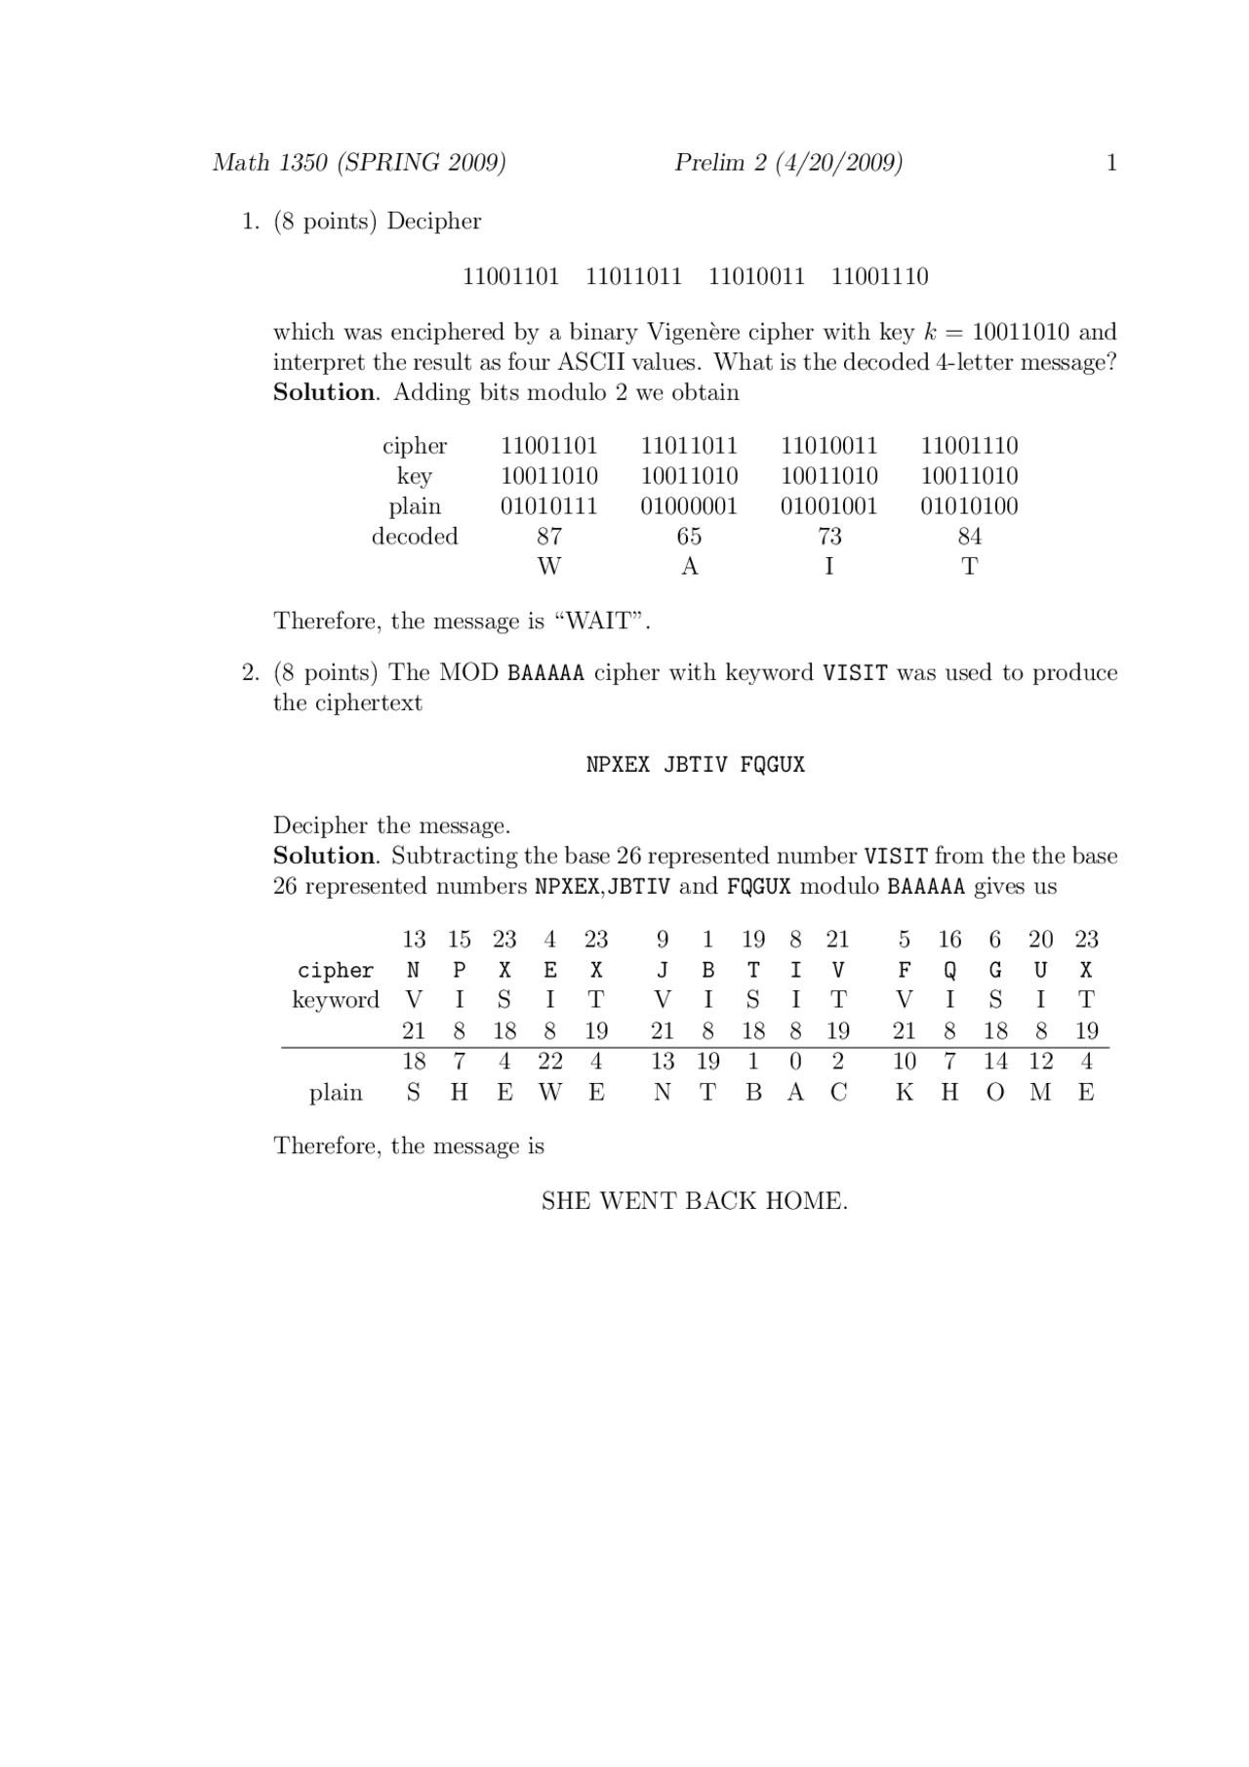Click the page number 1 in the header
click(x=1110, y=163)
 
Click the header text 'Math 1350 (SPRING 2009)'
click(x=359, y=163)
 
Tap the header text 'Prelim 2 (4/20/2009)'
click(x=788, y=163)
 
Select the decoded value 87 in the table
click(x=549, y=537)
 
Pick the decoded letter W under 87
click(x=549, y=567)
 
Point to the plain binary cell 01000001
click(x=689, y=506)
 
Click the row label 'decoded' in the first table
click(x=415, y=537)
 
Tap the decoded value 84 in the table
click(x=970, y=537)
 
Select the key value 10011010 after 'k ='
click(x=1021, y=332)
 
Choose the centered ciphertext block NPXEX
click(x=618, y=765)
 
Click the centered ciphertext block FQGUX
click(x=772, y=765)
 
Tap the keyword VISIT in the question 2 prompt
click(x=856, y=673)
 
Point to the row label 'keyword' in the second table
click(x=336, y=1000)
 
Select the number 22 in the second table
click(x=550, y=1062)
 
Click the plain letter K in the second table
click(x=905, y=1093)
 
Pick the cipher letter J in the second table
click(x=663, y=971)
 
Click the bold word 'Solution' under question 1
click(x=324, y=392)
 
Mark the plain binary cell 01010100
click(x=970, y=506)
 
